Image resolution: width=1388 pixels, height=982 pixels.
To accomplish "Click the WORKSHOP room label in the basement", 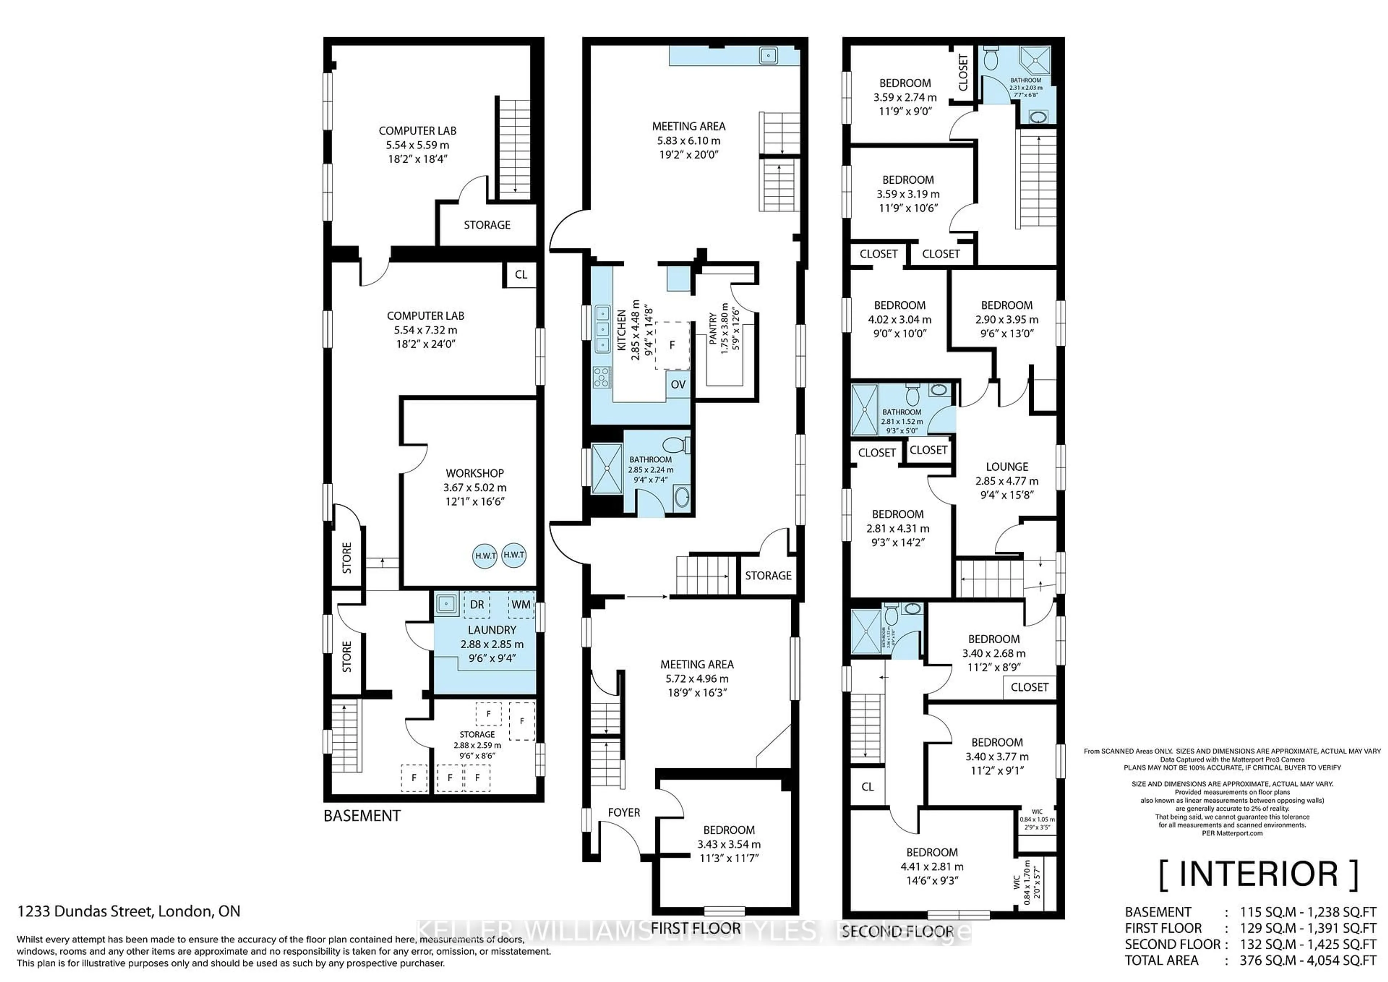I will [475, 473].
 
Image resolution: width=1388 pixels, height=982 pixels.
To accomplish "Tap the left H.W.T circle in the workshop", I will [485, 555].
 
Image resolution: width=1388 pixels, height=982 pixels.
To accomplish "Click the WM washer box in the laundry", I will [520, 605].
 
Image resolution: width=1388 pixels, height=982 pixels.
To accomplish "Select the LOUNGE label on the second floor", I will [1007, 467].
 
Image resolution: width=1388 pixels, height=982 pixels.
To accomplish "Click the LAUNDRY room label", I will [492, 630].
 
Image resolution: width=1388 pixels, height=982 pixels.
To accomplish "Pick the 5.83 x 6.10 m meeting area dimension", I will [689, 140].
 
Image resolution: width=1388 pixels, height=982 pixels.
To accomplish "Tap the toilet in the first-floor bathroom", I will [674, 446].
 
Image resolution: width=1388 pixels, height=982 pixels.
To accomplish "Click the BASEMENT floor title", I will [361, 816].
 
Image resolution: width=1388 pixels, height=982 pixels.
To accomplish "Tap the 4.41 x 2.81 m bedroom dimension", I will [931, 867].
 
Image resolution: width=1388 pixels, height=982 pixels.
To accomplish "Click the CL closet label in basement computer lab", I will [520, 274].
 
